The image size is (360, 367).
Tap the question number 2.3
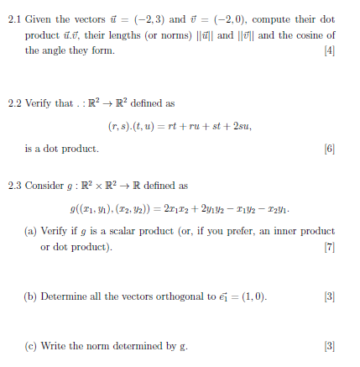coord(11,183)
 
